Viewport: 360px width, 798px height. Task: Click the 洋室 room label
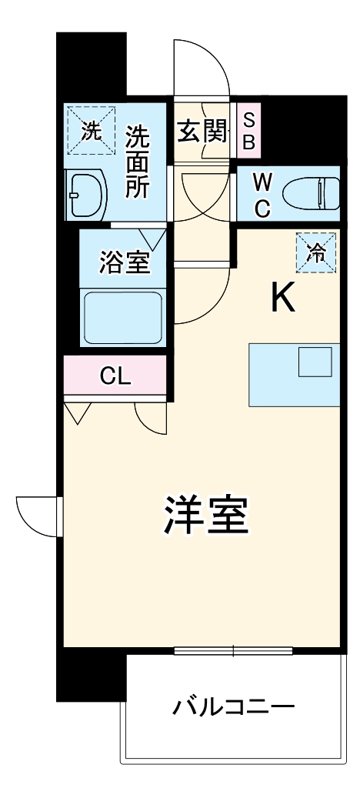tap(206, 517)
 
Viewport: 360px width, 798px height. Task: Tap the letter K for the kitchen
tap(283, 298)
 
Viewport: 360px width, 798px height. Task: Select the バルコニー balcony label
tap(233, 706)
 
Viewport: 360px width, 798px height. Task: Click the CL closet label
tap(117, 376)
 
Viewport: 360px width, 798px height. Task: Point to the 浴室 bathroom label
tap(123, 262)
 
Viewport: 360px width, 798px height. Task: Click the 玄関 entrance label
tap(203, 132)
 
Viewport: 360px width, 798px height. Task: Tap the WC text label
tap(262, 195)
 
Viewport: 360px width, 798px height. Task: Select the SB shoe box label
tap(248, 130)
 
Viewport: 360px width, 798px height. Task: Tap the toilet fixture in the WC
tap(312, 193)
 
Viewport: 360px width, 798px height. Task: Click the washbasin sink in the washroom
tap(85, 194)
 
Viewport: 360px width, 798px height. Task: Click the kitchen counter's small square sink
tap(314, 362)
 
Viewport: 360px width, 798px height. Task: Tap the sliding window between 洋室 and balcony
tap(233, 650)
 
